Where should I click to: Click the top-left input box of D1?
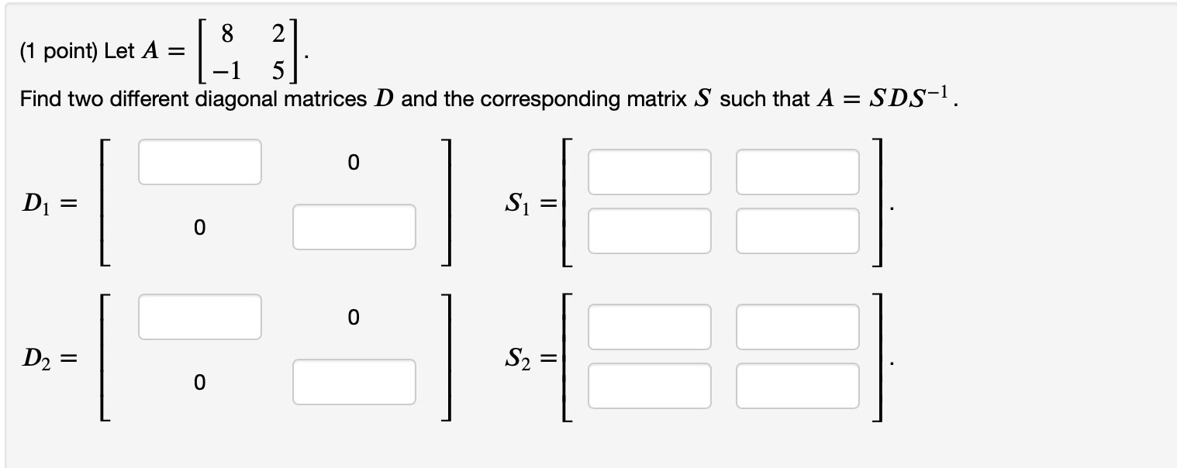point(200,162)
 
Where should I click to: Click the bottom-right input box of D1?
point(354,227)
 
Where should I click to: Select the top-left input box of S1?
point(649,172)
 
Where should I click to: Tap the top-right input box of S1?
point(798,172)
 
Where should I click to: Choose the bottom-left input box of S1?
point(649,231)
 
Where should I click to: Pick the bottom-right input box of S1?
point(798,231)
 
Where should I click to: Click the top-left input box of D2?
point(200,316)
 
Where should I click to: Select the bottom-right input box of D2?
point(354,381)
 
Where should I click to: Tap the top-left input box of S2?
point(649,326)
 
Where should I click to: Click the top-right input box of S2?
point(798,326)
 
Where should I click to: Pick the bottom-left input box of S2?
point(649,385)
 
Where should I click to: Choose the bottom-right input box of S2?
point(798,385)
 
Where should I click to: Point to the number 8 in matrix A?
point(226,33)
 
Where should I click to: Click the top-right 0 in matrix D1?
point(354,162)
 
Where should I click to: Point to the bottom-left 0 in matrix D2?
point(200,382)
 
